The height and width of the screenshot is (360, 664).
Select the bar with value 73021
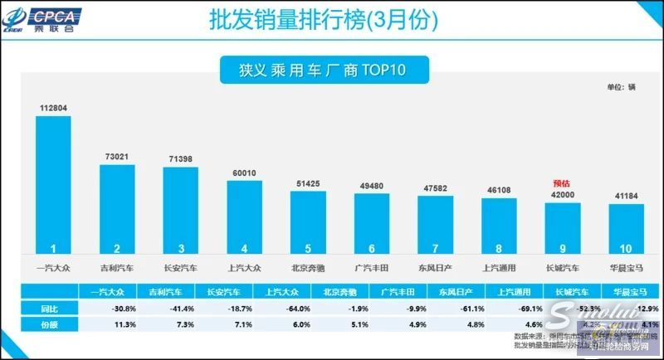coord(117,208)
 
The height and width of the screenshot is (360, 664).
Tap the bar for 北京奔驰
coord(307,221)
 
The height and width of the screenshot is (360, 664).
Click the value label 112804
coord(53,107)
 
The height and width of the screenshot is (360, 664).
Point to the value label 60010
coord(244,172)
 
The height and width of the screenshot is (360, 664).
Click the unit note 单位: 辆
coord(620,86)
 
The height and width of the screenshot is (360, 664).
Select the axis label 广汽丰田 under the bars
coord(371,266)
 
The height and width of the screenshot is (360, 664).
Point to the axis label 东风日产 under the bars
coord(434,266)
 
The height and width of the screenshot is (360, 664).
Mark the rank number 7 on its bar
coord(434,247)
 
